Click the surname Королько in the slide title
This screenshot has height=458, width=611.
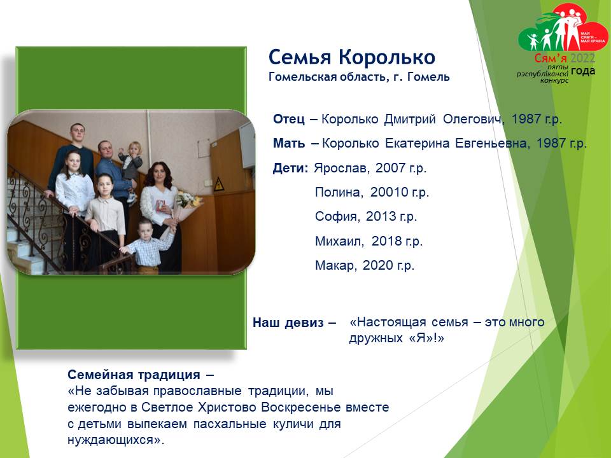coord(386,57)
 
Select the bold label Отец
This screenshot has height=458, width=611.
coord(289,119)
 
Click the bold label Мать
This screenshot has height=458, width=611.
coord(289,143)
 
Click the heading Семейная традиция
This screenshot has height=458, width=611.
coord(134,375)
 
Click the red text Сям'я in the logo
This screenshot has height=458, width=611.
coord(550,59)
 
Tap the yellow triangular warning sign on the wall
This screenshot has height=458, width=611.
coord(218,184)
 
